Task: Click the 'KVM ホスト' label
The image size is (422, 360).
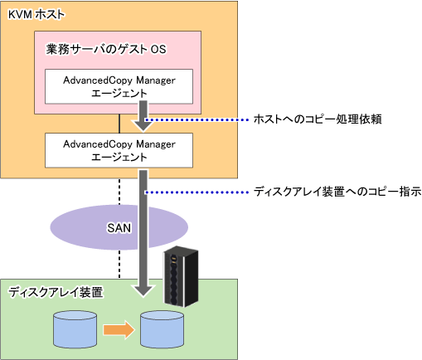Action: (x=36, y=15)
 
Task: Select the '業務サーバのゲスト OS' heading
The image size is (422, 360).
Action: (x=106, y=49)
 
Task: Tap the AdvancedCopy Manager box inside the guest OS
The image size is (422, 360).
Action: (x=119, y=86)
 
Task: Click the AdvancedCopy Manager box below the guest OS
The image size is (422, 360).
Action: (x=119, y=150)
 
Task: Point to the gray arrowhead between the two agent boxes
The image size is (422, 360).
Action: (x=143, y=124)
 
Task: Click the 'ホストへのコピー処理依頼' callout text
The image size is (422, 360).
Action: (x=318, y=119)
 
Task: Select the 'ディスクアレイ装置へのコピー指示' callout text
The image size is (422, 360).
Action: (x=337, y=192)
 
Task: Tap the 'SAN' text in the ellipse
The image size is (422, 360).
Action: (x=119, y=228)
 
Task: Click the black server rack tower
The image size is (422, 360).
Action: (x=181, y=276)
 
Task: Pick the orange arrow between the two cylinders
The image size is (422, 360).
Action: (x=119, y=329)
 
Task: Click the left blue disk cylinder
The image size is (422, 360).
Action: (x=75, y=329)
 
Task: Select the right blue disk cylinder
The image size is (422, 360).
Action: (x=162, y=329)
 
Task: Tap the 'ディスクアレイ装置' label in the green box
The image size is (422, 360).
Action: (x=56, y=292)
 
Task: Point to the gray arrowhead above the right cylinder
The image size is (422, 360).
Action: (x=143, y=291)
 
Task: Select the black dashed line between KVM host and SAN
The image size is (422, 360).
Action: (x=119, y=192)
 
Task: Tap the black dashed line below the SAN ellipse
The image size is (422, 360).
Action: (x=119, y=264)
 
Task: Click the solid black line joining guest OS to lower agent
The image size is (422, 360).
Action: (x=119, y=124)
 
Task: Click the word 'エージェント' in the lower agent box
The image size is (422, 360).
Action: (x=119, y=157)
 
